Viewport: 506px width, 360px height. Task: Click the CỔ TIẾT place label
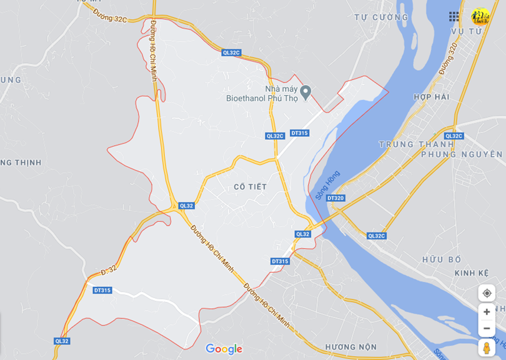[250, 187]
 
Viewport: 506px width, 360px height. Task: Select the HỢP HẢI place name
[431, 97]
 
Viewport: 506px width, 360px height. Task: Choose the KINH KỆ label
[472, 273]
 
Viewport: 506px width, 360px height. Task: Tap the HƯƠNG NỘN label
[350, 347]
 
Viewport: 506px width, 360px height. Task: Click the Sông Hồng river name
[327, 185]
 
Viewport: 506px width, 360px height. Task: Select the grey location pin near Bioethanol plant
[305, 92]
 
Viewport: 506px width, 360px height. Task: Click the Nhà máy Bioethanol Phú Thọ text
[262, 93]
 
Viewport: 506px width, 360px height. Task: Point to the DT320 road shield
[335, 198]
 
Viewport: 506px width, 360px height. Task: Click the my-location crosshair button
[487, 293]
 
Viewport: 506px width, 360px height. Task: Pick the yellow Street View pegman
[487, 347]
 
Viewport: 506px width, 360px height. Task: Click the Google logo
[224, 349]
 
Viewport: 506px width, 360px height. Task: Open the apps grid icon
[454, 16]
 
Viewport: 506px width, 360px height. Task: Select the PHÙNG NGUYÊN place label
[462, 154]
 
